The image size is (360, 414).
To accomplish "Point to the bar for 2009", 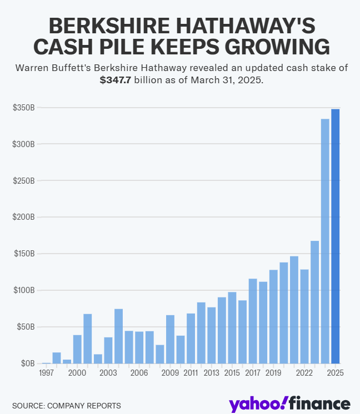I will (170, 339).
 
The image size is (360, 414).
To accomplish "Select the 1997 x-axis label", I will (47, 373).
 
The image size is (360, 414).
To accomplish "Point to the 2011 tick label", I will (191, 373).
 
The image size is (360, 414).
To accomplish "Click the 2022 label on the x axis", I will (304, 373).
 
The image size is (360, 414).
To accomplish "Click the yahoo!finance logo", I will (288, 403).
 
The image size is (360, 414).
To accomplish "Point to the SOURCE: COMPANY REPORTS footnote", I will (66, 406).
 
